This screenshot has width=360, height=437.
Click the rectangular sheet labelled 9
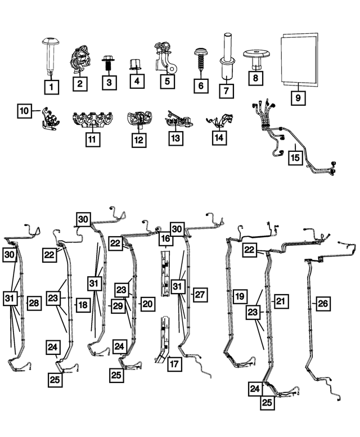pyautogui.click(x=299, y=58)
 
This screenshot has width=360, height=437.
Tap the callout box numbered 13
pyautogui.click(x=175, y=137)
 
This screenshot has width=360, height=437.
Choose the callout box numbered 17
pyautogui.click(x=174, y=364)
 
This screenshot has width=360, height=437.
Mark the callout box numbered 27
pyautogui.click(x=199, y=294)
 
